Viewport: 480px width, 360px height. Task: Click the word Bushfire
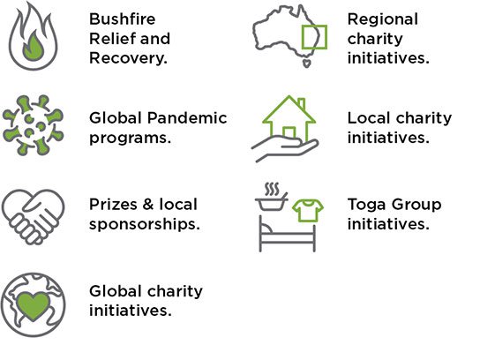(x=122, y=19)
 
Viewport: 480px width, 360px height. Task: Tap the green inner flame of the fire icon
(x=33, y=47)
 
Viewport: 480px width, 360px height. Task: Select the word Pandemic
(x=187, y=118)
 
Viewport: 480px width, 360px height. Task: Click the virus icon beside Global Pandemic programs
(x=33, y=125)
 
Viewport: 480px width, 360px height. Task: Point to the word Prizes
(x=113, y=204)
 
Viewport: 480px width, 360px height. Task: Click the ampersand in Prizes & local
(x=148, y=204)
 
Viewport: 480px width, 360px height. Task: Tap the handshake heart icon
(x=33, y=217)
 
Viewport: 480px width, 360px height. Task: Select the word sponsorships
(x=145, y=224)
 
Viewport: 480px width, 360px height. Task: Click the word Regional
(x=383, y=20)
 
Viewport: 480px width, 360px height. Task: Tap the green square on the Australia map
(x=314, y=37)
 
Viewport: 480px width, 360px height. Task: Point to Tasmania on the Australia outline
(x=307, y=63)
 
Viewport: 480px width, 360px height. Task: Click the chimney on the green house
(x=302, y=103)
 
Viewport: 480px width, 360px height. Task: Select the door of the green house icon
(x=289, y=132)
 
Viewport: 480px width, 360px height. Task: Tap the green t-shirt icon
(x=308, y=210)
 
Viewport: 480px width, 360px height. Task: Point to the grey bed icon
(x=287, y=234)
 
